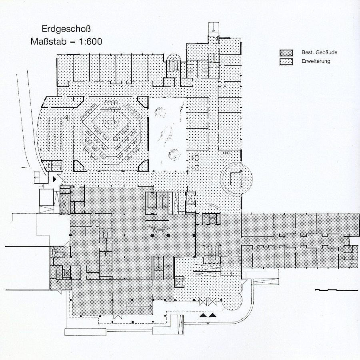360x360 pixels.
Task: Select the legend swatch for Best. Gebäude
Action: point(286,53)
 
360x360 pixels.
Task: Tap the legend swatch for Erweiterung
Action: point(286,61)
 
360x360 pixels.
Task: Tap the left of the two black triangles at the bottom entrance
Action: point(203,316)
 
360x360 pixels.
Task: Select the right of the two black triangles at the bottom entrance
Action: point(213,316)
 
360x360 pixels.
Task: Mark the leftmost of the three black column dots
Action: point(152,236)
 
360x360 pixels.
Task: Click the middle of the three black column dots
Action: point(168,236)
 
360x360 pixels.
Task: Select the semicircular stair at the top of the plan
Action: point(174,62)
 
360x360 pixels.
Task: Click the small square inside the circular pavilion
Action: point(235,178)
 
